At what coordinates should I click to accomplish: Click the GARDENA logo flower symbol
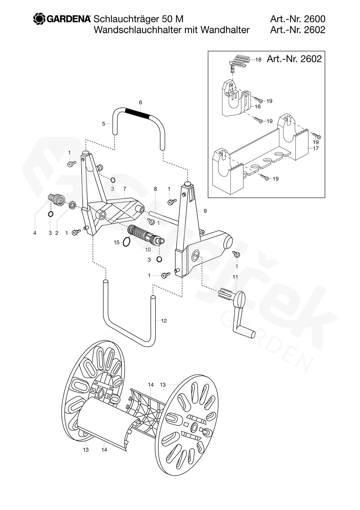39,19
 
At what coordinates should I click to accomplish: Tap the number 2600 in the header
314,19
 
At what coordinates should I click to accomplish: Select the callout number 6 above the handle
141,102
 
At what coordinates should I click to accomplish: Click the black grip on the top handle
137,114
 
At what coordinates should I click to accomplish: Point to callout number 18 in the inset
258,60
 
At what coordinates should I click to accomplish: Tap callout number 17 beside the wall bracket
316,148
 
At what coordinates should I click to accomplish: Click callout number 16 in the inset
258,107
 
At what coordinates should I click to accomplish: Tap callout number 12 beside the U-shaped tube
164,321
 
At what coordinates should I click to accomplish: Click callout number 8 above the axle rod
155,189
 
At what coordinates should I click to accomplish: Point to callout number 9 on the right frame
205,211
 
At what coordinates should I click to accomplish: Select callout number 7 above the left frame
124,189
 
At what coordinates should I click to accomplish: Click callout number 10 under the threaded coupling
148,249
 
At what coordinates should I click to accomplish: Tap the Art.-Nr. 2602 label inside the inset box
294,59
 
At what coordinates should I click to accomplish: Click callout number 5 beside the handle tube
104,124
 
